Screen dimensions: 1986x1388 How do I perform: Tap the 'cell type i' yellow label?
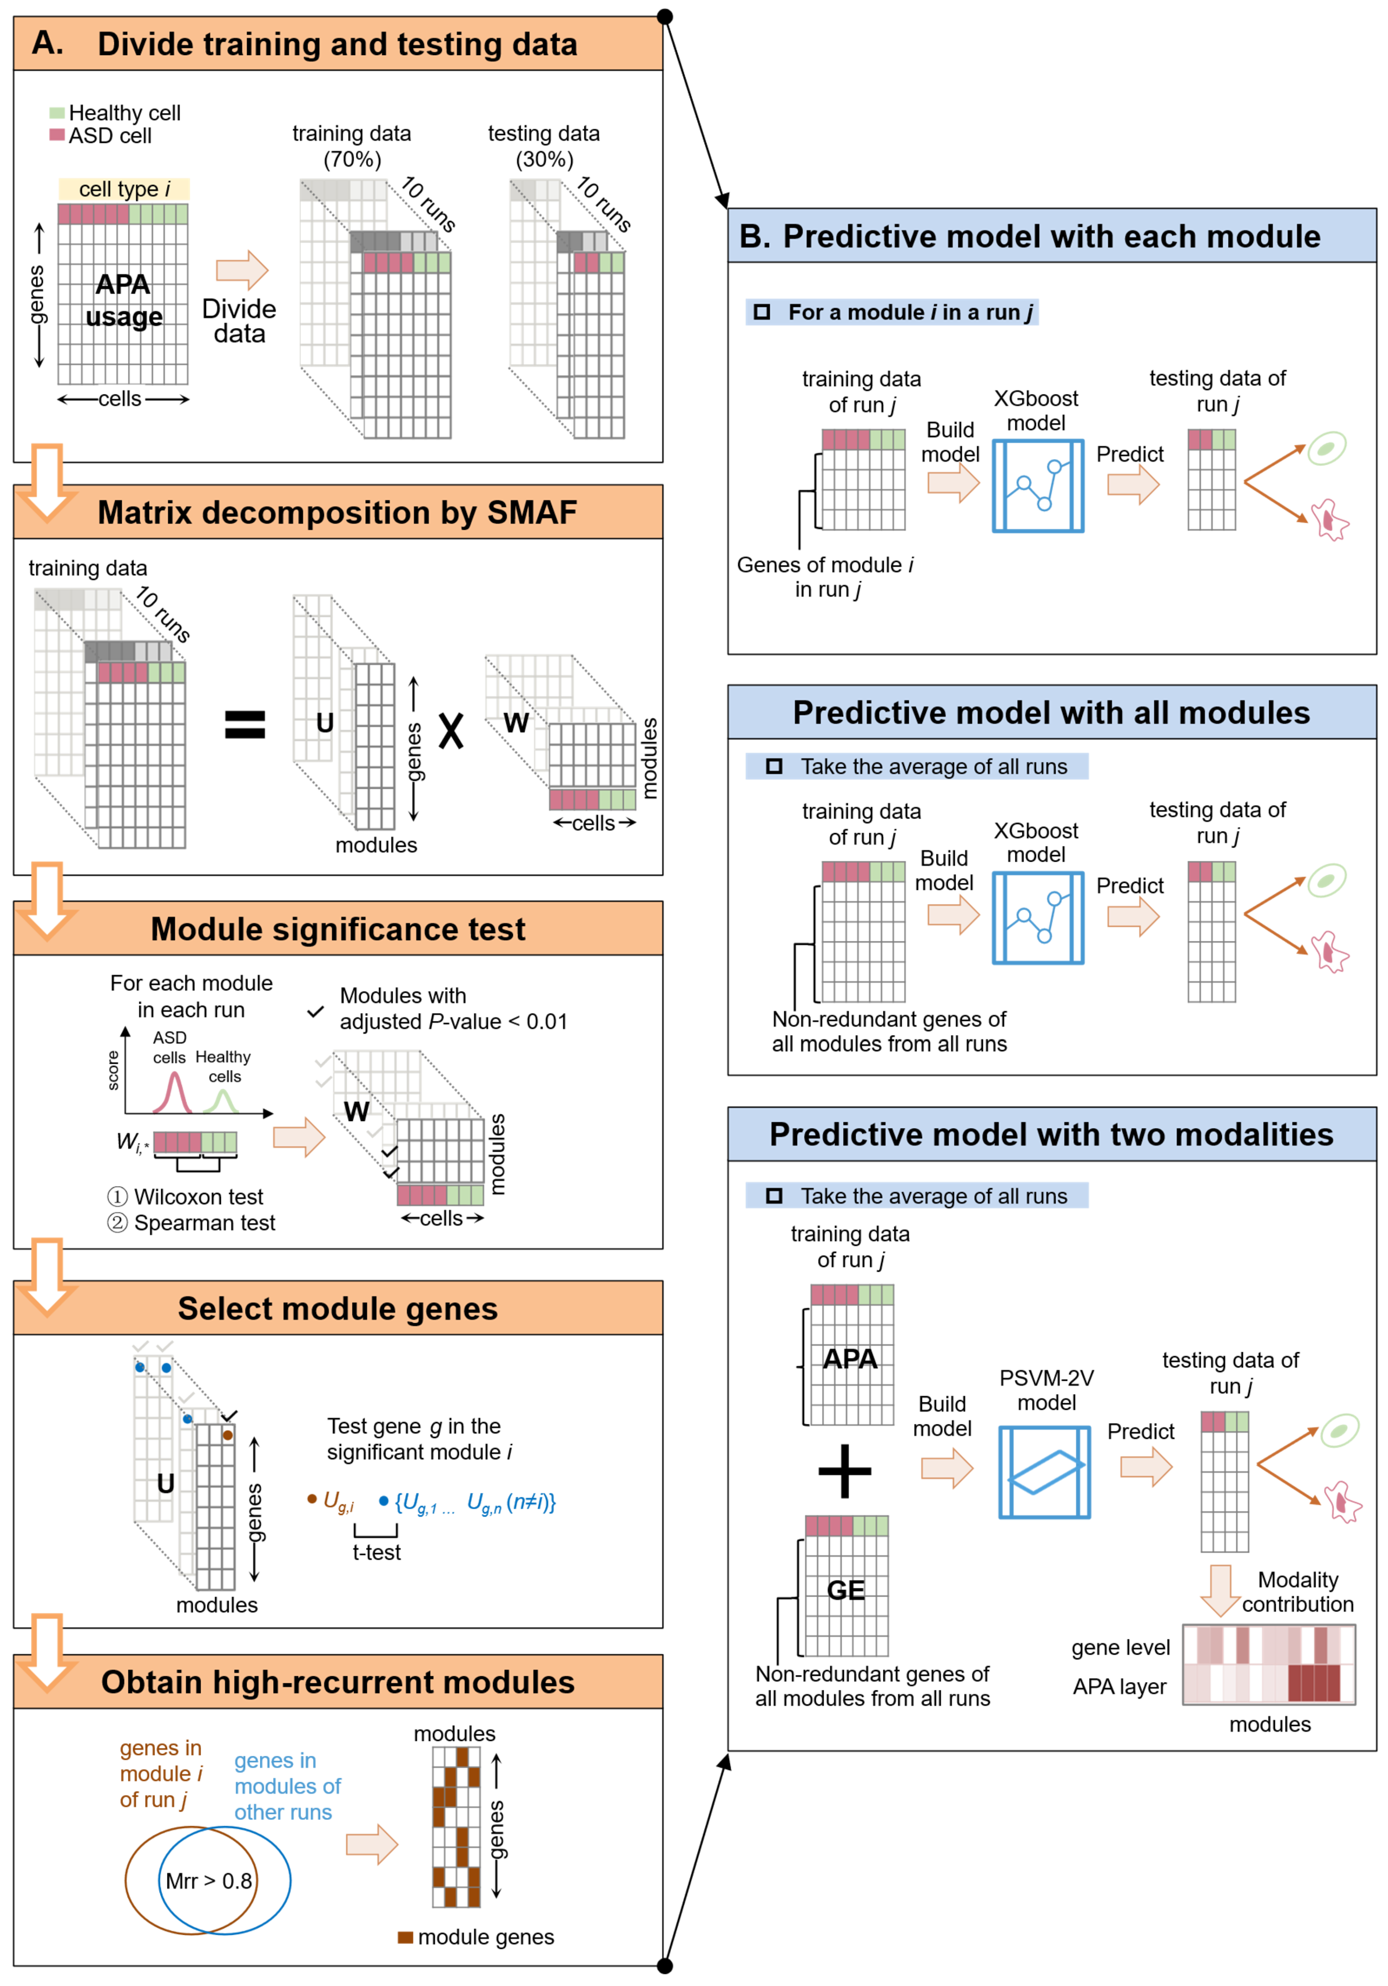point(124,188)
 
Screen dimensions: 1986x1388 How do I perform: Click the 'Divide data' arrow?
point(242,270)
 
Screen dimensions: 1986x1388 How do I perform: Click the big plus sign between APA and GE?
point(844,1471)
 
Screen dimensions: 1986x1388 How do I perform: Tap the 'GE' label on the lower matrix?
point(845,1590)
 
